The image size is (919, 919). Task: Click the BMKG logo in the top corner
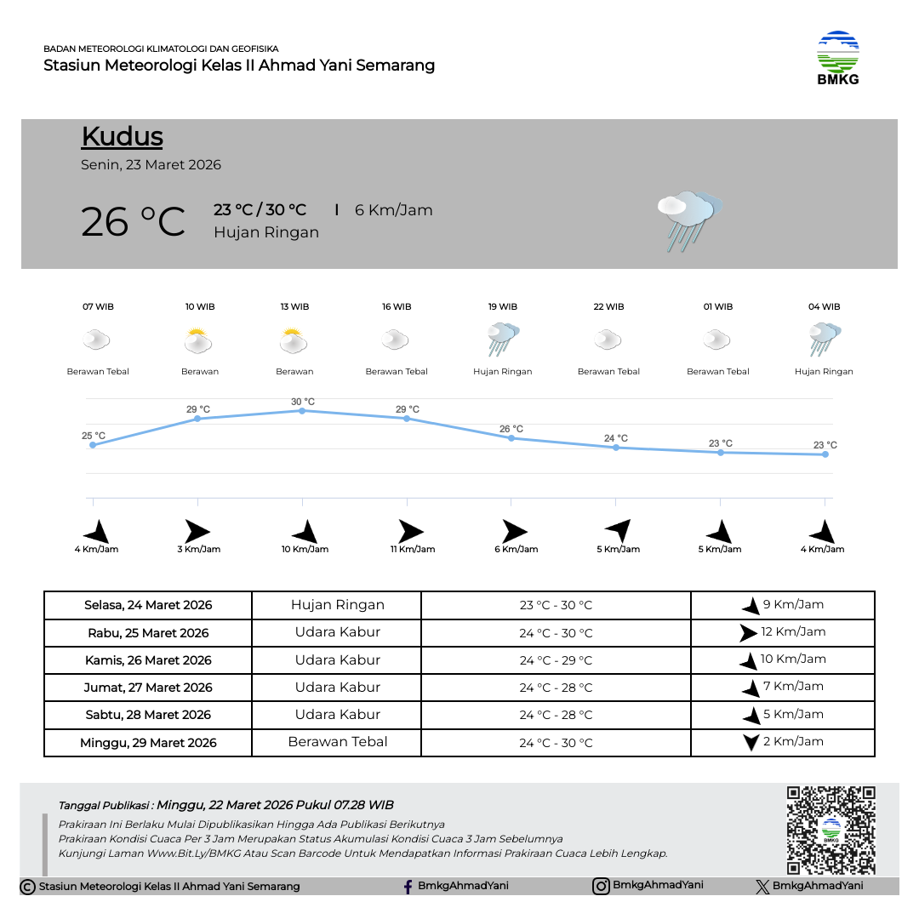[838, 58]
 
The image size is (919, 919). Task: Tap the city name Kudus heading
[122, 137]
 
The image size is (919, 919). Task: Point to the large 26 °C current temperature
[133, 222]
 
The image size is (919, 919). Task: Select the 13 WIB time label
[294, 307]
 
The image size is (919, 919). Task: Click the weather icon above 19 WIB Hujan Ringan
[503, 340]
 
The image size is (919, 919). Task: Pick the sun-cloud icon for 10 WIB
[198, 341]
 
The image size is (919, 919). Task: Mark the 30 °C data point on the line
[302, 411]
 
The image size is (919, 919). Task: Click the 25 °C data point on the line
[93, 445]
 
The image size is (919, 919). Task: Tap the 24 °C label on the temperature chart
[616, 439]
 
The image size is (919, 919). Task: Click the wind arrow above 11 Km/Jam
[411, 532]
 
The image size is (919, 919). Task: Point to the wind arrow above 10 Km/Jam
[305, 533]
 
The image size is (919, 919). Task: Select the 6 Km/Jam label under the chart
[517, 550]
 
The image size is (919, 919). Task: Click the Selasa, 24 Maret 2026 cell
[148, 606]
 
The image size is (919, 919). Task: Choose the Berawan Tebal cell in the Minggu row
[338, 742]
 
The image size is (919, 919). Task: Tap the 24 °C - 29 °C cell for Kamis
[556, 660]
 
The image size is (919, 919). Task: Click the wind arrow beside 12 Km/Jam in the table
[748, 633]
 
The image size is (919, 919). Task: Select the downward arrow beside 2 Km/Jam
[751, 742]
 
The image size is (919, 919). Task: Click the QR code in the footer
[831, 830]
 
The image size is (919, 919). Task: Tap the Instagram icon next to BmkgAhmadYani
[601, 886]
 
